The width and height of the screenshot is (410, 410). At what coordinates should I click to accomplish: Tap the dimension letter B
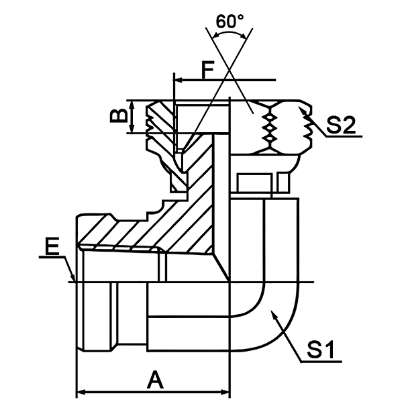pos(118,117)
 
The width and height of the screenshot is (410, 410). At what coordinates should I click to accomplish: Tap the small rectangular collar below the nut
pos(255,181)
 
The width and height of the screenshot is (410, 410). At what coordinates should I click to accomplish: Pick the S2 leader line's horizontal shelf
pos(342,136)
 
